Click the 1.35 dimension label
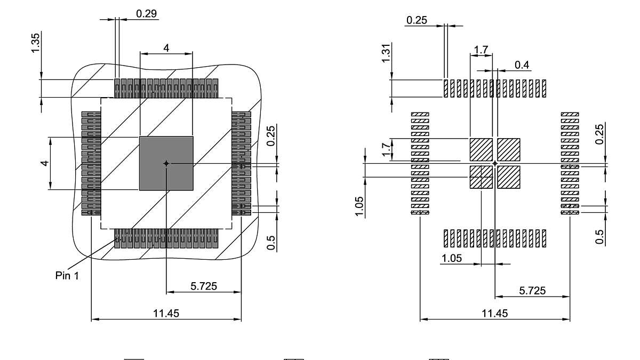pos(35,43)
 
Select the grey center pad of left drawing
pos(166,163)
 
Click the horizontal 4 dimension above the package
pos(166,47)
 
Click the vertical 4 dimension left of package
pos(46,163)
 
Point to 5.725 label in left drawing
pos(204,286)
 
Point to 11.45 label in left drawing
pos(166,313)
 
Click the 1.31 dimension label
pos(386,52)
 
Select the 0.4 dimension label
pos(522,65)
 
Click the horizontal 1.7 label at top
pos(481,50)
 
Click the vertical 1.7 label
pos(386,149)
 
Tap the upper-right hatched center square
pos(508,149)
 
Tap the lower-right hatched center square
pos(508,177)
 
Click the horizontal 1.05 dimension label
pos(451,258)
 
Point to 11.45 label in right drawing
pos(494,313)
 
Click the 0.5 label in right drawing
pos(600,236)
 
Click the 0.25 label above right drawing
pos(417,20)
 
